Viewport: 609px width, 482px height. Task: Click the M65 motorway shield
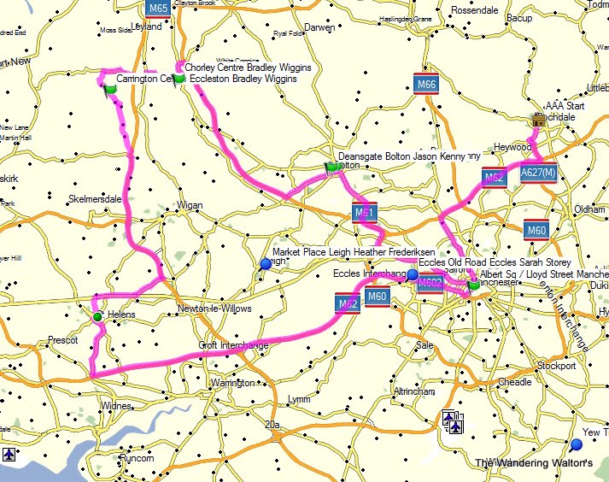157,9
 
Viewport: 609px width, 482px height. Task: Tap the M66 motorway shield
426,84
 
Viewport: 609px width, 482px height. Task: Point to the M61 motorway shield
365,212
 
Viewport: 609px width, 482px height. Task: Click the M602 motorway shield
430,283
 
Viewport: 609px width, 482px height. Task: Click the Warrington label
233,383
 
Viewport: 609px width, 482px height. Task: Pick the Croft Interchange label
233,345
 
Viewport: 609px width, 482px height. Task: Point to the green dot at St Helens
97,317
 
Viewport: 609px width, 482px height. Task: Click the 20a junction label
273,424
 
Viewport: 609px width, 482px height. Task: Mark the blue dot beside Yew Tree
577,445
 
